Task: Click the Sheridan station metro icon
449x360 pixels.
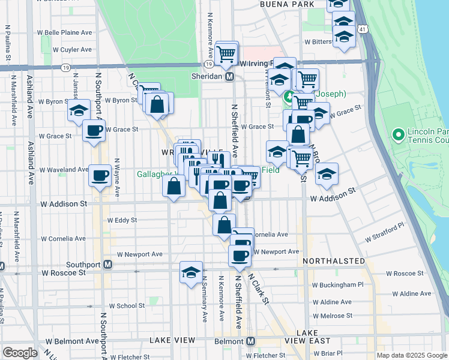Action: [x=229, y=77]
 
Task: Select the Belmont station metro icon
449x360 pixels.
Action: [x=251, y=340]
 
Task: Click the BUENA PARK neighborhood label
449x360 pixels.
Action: [x=287, y=4]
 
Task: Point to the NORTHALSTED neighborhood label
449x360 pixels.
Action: [x=334, y=262]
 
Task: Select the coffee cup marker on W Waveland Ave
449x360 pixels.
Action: [x=100, y=175]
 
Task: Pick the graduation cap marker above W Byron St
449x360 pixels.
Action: [x=79, y=110]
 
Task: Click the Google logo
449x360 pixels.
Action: [x=20, y=352]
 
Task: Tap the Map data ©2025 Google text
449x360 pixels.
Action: [x=411, y=355]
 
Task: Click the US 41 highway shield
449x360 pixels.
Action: [x=361, y=29]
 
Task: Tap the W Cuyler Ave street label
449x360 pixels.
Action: [x=72, y=50]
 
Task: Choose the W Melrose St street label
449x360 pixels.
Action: [x=332, y=316]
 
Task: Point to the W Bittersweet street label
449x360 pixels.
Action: [x=318, y=42]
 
